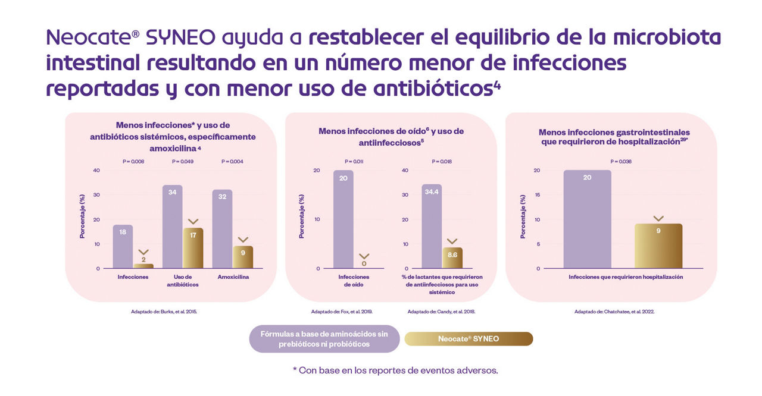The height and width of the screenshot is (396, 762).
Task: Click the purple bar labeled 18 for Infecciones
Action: pyautogui.click(x=123, y=246)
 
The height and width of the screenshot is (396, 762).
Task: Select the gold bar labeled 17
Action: pyautogui.click(x=193, y=248)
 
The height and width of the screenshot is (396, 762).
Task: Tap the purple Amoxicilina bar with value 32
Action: pyautogui.click(x=222, y=229)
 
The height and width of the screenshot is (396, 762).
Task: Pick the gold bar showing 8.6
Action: pyautogui.click(x=452, y=258)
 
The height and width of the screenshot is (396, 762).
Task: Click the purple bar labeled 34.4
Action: pyautogui.click(x=432, y=226)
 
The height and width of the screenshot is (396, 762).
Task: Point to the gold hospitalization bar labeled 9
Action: pyautogui.click(x=658, y=246)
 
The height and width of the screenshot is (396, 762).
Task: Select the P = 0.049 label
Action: pyautogui.click(x=182, y=161)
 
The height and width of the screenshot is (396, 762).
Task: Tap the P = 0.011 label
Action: pyautogui.click(x=354, y=161)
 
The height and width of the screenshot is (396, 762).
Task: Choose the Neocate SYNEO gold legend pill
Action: pyautogui.click(x=469, y=339)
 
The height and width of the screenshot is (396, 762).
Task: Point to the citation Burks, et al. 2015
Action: pyautogui.click(x=164, y=312)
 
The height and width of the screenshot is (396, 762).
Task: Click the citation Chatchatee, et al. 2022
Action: pyautogui.click(x=614, y=312)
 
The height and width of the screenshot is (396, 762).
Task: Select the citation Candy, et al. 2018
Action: pyautogui.click(x=441, y=312)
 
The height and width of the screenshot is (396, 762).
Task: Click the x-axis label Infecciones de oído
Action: pyautogui.click(x=354, y=281)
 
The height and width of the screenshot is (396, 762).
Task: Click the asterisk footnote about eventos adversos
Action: pyautogui.click(x=395, y=370)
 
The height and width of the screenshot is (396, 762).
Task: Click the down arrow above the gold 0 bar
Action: pyautogui.click(x=364, y=256)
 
